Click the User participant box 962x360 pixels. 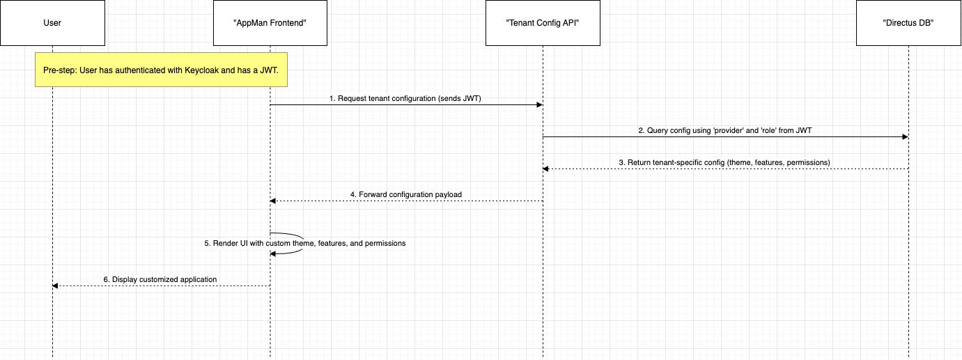coord(52,23)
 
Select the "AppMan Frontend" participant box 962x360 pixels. coord(270,23)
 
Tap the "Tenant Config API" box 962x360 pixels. coord(543,23)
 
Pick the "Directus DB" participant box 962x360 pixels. coord(908,23)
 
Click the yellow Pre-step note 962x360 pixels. coord(161,70)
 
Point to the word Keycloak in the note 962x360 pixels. coord(201,70)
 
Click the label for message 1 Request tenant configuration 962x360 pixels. coord(405,98)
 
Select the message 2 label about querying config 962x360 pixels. coord(725,130)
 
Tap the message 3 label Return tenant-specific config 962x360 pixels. coord(724,163)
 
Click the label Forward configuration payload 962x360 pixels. coord(406,194)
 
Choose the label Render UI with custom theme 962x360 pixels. coord(305,243)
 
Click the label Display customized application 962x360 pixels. coord(160,279)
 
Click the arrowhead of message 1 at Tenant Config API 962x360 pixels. coord(539,104)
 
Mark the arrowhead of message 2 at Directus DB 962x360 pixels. coord(906,137)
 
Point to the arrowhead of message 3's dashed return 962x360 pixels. coord(546,169)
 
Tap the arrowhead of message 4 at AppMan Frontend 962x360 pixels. coord(273,201)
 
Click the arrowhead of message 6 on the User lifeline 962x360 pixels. coord(56,285)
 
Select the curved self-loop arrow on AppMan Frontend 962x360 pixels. coord(303,239)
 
